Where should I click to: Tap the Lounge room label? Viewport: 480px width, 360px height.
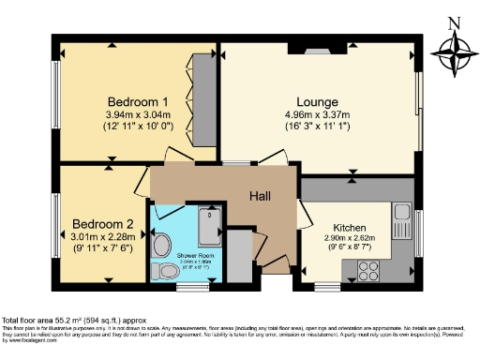(x=319, y=101)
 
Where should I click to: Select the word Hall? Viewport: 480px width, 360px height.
(x=260, y=195)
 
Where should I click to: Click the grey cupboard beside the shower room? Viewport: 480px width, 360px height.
(x=241, y=256)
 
